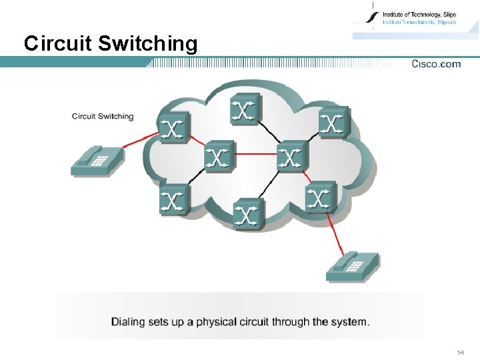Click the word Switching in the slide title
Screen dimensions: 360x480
147,44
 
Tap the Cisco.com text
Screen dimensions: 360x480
436,64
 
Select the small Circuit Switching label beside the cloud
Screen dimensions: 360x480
103,117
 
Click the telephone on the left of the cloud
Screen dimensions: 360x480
97,160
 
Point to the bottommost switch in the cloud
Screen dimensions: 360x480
248,213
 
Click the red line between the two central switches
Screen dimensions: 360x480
255,154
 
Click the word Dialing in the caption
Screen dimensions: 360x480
128,322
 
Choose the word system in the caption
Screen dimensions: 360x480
349,322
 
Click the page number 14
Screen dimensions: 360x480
460,352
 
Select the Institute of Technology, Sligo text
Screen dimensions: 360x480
419,13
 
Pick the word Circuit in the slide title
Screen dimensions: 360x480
58,44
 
